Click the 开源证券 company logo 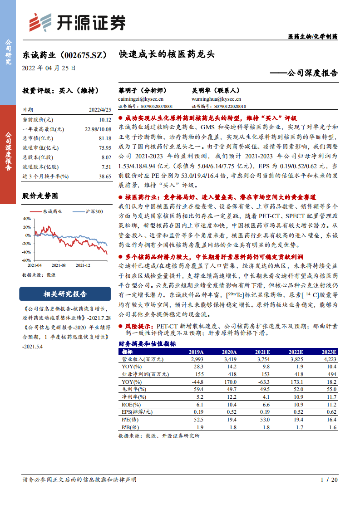click(x=77, y=22)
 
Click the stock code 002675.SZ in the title click(x=82, y=55)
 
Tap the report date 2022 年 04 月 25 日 click(x=49, y=68)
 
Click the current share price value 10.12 click(x=104, y=120)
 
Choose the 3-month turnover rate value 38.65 click(x=104, y=176)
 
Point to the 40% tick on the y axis click(x=26, y=218)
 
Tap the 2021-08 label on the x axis click(x=59, y=265)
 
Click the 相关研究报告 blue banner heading click(x=65, y=294)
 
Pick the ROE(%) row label click(x=131, y=404)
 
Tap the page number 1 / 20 click(x=329, y=480)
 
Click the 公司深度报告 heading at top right click(x=307, y=73)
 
